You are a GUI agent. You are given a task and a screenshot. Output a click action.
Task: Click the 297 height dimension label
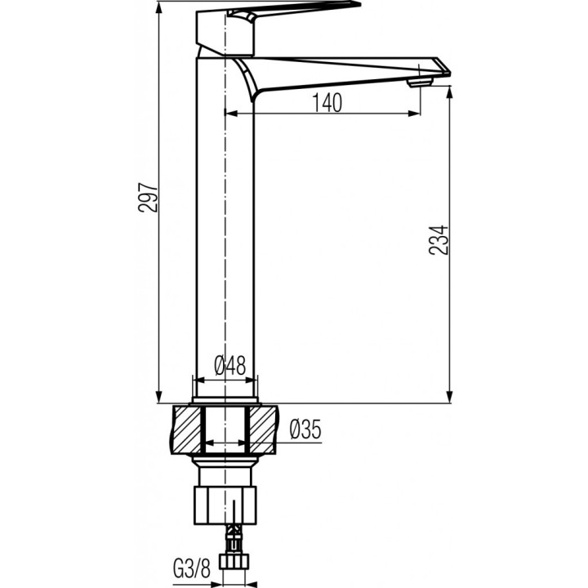[x=148, y=197]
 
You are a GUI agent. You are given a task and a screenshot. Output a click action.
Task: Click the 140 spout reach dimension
[x=325, y=102]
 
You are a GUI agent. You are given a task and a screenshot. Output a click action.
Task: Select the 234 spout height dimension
[x=439, y=239]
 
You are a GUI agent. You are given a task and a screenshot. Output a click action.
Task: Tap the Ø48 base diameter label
[x=229, y=367]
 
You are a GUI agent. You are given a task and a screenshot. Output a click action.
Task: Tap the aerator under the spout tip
[x=419, y=81]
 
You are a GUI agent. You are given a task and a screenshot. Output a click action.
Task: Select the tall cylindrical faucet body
[x=224, y=245]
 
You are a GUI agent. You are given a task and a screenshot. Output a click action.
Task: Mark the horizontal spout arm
[x=343, y=72]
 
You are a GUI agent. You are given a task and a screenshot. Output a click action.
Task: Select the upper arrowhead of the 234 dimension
[x=449, y=91]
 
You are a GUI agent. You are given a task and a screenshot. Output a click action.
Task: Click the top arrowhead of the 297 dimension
[x=158, y=7]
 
